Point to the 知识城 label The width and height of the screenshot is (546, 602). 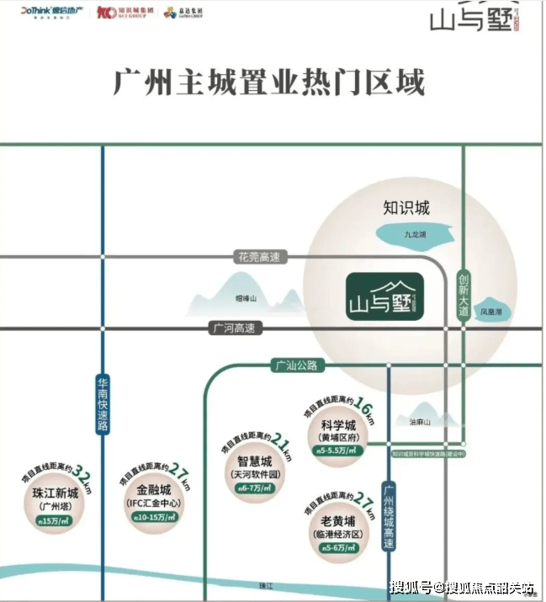tap(406, 207)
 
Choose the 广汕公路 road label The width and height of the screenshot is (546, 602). tap(294, 365)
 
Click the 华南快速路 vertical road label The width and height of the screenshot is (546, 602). tap(102, 403)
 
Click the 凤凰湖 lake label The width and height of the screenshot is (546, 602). tap(491, 312)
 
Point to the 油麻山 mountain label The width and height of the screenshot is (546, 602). tap(419, 421)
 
